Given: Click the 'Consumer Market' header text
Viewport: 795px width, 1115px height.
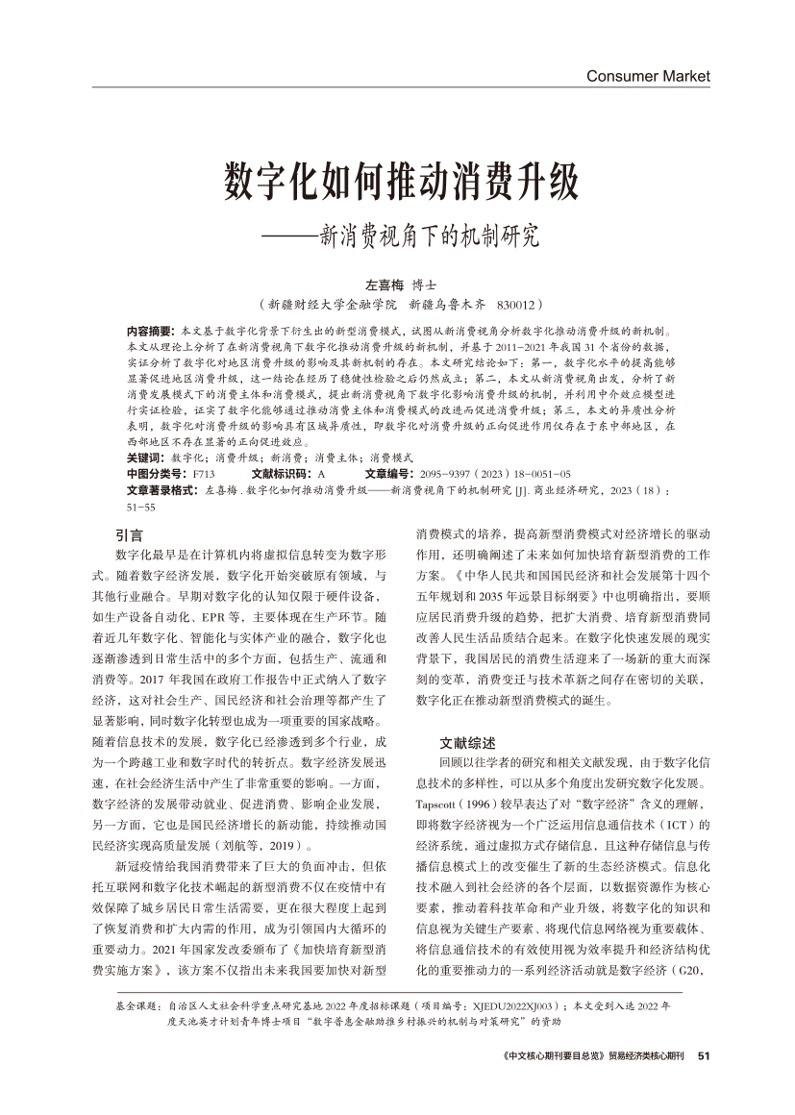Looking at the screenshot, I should (647, 75).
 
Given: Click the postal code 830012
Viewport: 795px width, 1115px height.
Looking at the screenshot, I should (519, 304).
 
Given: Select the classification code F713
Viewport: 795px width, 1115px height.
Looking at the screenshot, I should (203, 474).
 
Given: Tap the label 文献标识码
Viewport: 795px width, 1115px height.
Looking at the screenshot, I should (282, 474).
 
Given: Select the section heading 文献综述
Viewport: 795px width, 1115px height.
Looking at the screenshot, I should (468, 742).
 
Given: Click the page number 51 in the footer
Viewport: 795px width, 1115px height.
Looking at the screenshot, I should (703, 1055).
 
